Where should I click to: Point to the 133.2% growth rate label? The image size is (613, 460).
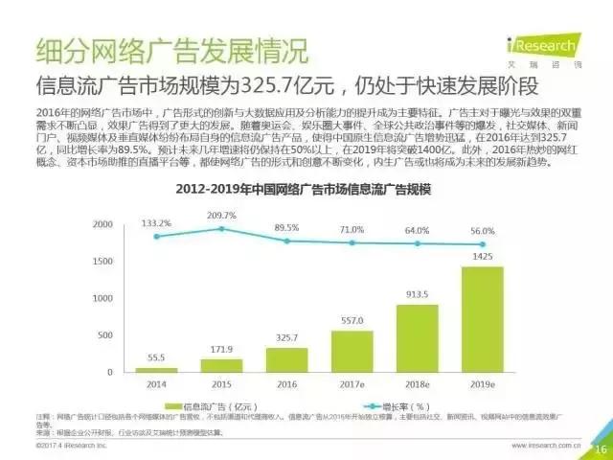pos(155,222)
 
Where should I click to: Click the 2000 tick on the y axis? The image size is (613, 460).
pos(101,224)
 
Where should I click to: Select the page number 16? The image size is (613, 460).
pos(601,449)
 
